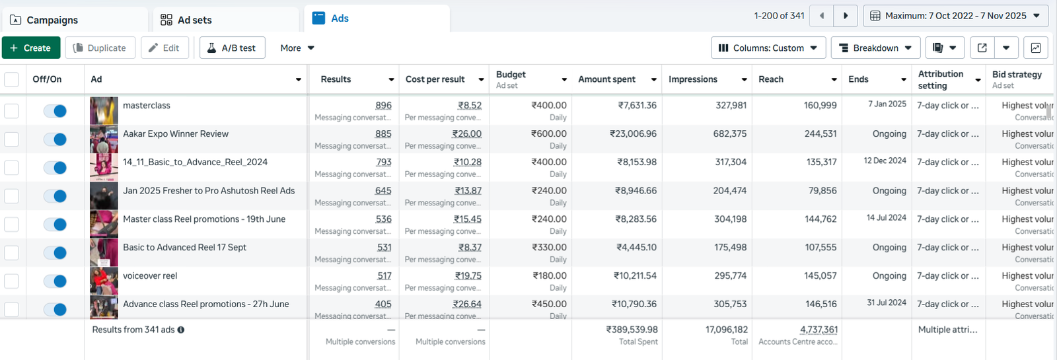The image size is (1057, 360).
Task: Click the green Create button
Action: pos(31,48)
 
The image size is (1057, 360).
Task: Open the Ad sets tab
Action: pos(187,20)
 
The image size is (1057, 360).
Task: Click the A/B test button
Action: pos(232,48)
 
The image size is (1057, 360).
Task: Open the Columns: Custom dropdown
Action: pos(768,48)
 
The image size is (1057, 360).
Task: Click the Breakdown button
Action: pos(875,48)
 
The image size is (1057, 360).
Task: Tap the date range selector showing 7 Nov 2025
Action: pos(955,16)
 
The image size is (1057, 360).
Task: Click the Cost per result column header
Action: pos(435,79)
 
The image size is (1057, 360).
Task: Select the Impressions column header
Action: pos(693,79)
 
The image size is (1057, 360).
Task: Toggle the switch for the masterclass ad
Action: pos(55,111)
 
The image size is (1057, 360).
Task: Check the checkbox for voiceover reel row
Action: pos(11,281)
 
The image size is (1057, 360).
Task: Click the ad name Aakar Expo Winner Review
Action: pos(176,134)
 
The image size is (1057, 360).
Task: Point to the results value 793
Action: pos(383,162)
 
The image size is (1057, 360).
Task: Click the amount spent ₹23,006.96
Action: pos(633,134)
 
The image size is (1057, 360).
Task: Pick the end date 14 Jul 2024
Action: pos(886,218)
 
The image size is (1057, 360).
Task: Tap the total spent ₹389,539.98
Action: pos(632,330)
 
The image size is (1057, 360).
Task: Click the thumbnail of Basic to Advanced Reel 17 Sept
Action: pos(104,253)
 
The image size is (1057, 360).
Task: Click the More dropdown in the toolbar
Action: pos(297,48)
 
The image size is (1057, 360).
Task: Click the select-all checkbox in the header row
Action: pos(11,80)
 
